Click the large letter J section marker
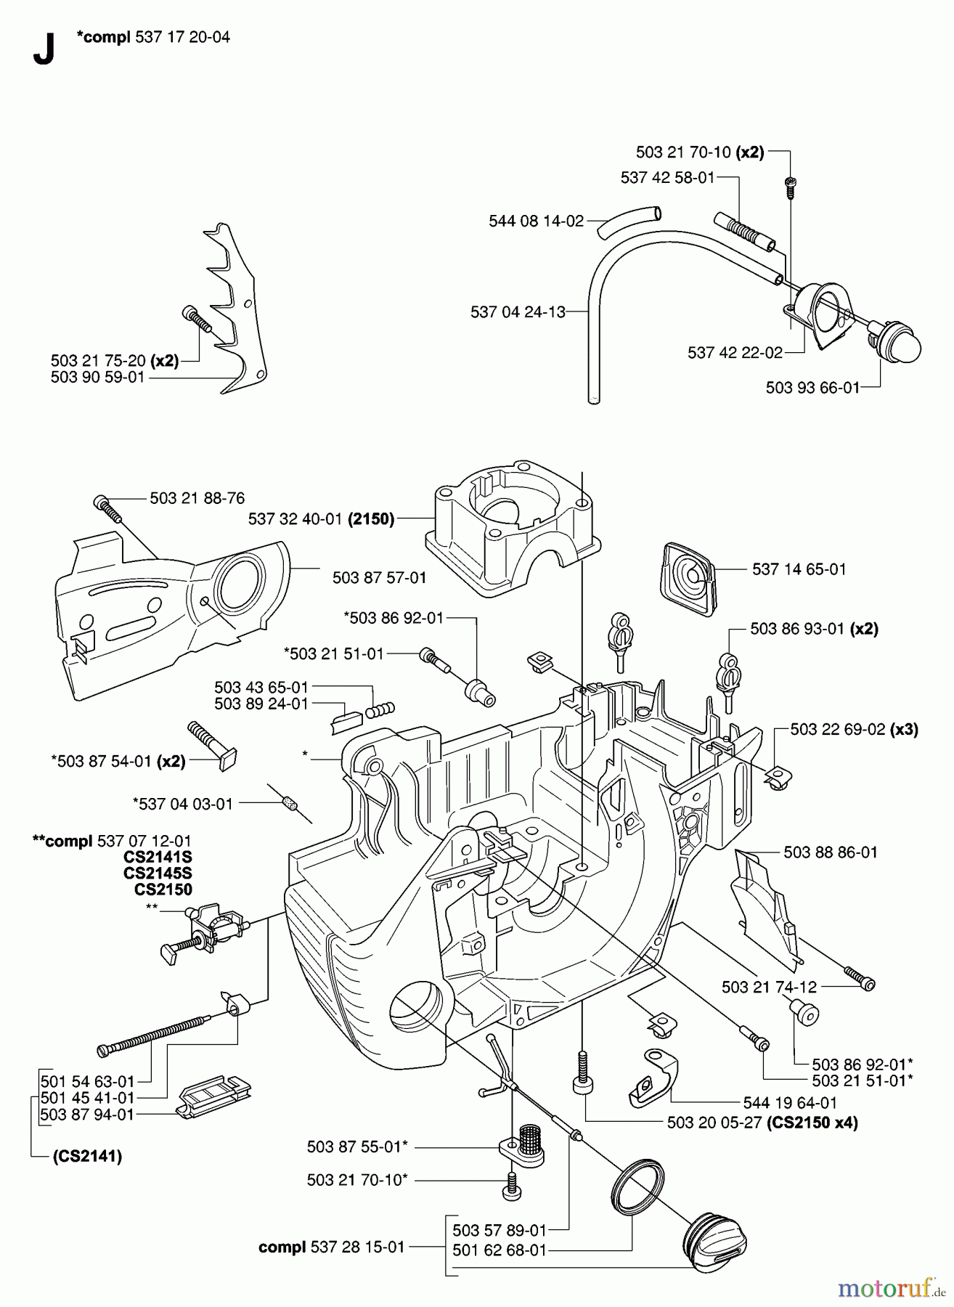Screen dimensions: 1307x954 click(44, 49)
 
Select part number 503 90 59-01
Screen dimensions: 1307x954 click(98, 377)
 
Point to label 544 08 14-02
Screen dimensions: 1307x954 click(536, 221)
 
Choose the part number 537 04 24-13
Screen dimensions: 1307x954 click(518, 312)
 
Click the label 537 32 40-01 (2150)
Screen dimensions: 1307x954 click(321, 518)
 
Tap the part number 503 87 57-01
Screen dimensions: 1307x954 click(379, 577)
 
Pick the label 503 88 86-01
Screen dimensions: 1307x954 click(831, 852)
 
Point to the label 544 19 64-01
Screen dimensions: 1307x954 click(790, 1102)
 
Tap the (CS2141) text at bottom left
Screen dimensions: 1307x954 click(87, 1156)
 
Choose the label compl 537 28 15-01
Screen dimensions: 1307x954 click(331, 1247)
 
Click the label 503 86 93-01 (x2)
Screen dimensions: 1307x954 click(814, 628)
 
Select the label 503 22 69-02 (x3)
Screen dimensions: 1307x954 click(854, 729)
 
